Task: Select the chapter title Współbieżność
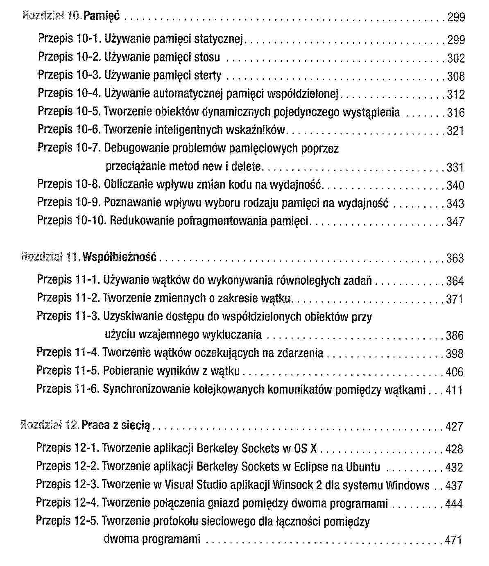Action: [x=120, y=257]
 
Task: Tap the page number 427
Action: [x=454, y=426]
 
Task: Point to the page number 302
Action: [x=456, y=58]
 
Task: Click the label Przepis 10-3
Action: [x=69, y=75]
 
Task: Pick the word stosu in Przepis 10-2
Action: [x=207, y=57]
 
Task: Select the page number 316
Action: [x=456, y=112]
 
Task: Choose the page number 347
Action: [x=455, y=222]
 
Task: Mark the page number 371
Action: [x=455, y=299]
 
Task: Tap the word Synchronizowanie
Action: [x=143, y=389]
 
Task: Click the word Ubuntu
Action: [x=363, y=466]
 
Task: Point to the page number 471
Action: [x=454, y=540]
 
